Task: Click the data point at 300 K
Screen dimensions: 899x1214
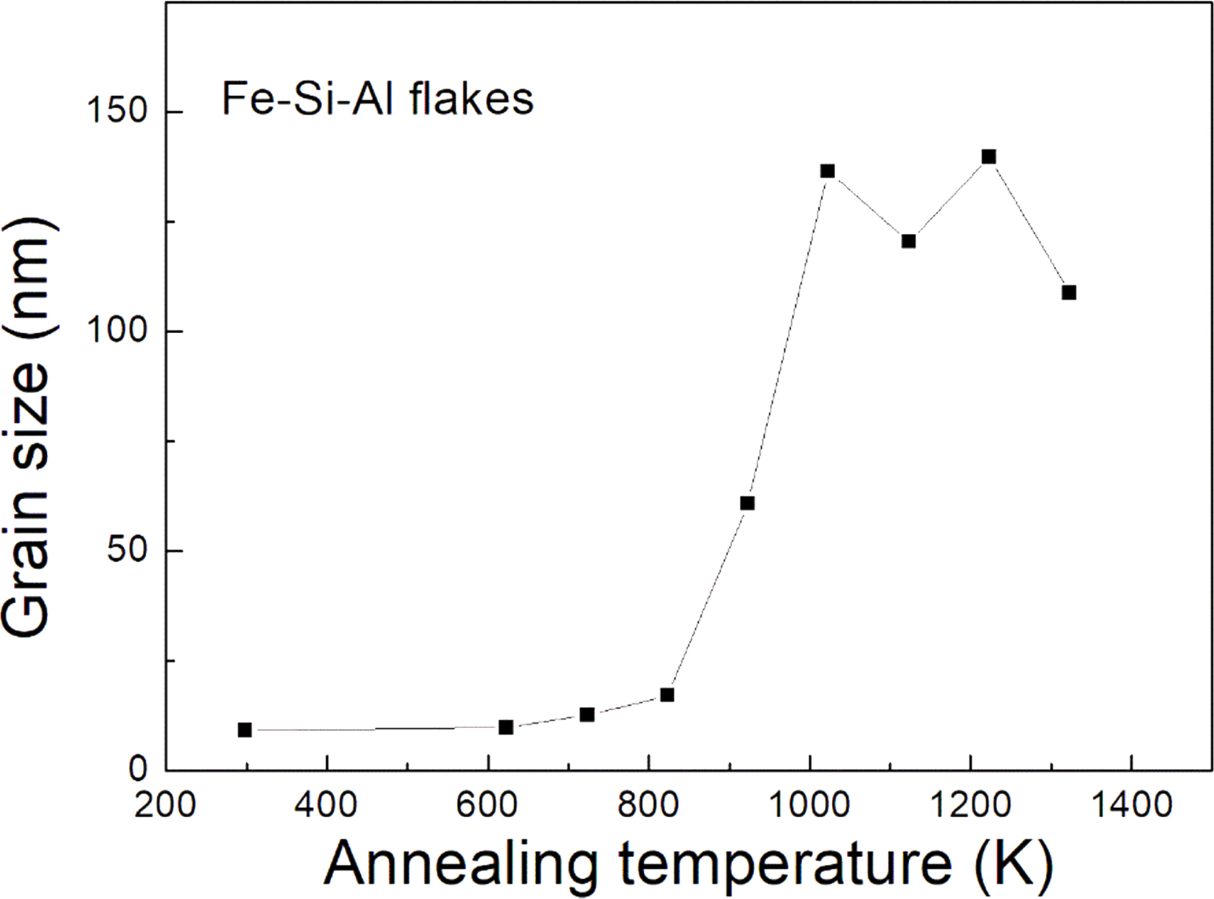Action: tap(245, 730)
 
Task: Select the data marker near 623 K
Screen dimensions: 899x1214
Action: tap(506, 727)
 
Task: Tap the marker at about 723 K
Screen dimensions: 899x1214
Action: tap(587, 715)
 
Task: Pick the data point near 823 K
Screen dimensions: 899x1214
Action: tap(667, 695)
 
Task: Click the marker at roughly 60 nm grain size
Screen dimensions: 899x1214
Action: tap(747, 503)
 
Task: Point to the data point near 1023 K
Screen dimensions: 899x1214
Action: tap(828, 171)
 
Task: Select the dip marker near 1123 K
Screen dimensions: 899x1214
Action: tap(909, 241)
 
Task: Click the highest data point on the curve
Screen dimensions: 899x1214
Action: tap(989, 157)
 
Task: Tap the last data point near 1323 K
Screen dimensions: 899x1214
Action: tap(1069, 293)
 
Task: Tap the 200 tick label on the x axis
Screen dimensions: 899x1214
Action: tap(165, 806)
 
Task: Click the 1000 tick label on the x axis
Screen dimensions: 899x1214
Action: tap(809, 806)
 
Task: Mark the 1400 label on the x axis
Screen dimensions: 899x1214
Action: tap(1132, 806)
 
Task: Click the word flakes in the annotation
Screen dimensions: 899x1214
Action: tap(470, 100)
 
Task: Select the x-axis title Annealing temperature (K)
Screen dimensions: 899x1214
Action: tap(688, 864)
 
